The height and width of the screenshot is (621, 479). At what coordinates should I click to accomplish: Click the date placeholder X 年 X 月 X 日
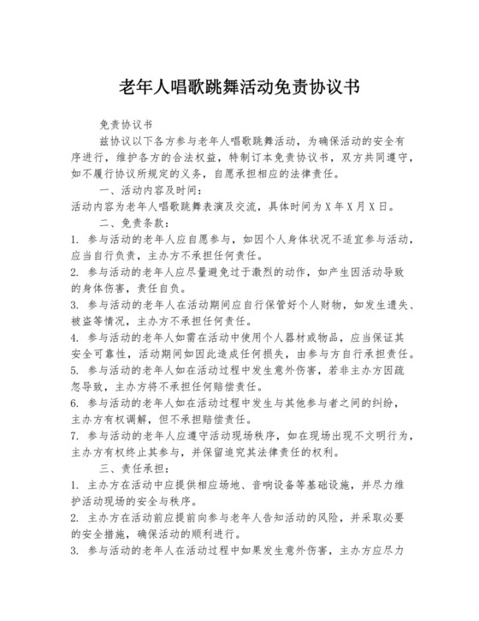click(350, 206)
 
